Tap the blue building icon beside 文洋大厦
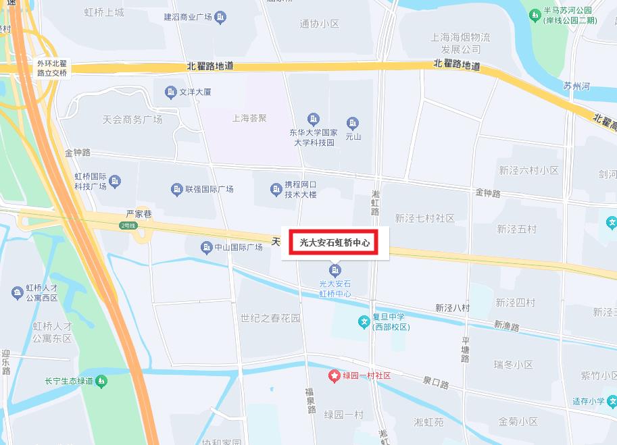pos(170,91)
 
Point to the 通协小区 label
pos(319,24)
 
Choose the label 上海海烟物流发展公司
pos(461,43)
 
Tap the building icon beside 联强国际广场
pos(177,189)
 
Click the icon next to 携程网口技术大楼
pos(276,189)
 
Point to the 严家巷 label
pos(139,213)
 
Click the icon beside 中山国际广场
pos(207,248)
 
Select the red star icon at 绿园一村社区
pos(334,375)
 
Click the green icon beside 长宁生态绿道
pos(101,382)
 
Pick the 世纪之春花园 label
pos(270,318)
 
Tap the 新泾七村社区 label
pos(425,218)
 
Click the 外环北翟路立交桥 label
pos(52,68)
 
